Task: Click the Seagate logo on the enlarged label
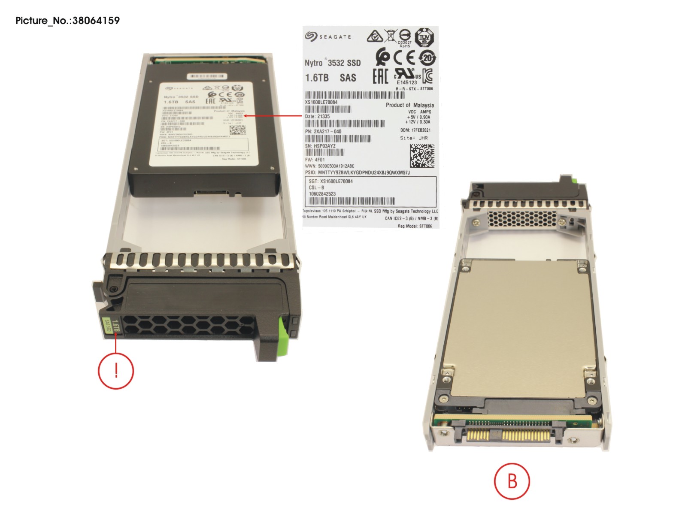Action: coord(328,36)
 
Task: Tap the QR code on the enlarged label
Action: coord(422,156)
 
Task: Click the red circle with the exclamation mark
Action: coord(116,370)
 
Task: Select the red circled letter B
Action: coord(512,481)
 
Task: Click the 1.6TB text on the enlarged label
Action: coord(317,78)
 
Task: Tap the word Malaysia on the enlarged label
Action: coord(423,105)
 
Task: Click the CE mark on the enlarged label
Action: coord(404,57)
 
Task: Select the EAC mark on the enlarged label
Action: coord(380,76)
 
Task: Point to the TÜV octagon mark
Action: coord(424,37)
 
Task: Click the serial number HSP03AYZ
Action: coord(324,146)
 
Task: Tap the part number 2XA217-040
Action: coord(327,131)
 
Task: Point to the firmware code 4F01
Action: coord(320,160)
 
